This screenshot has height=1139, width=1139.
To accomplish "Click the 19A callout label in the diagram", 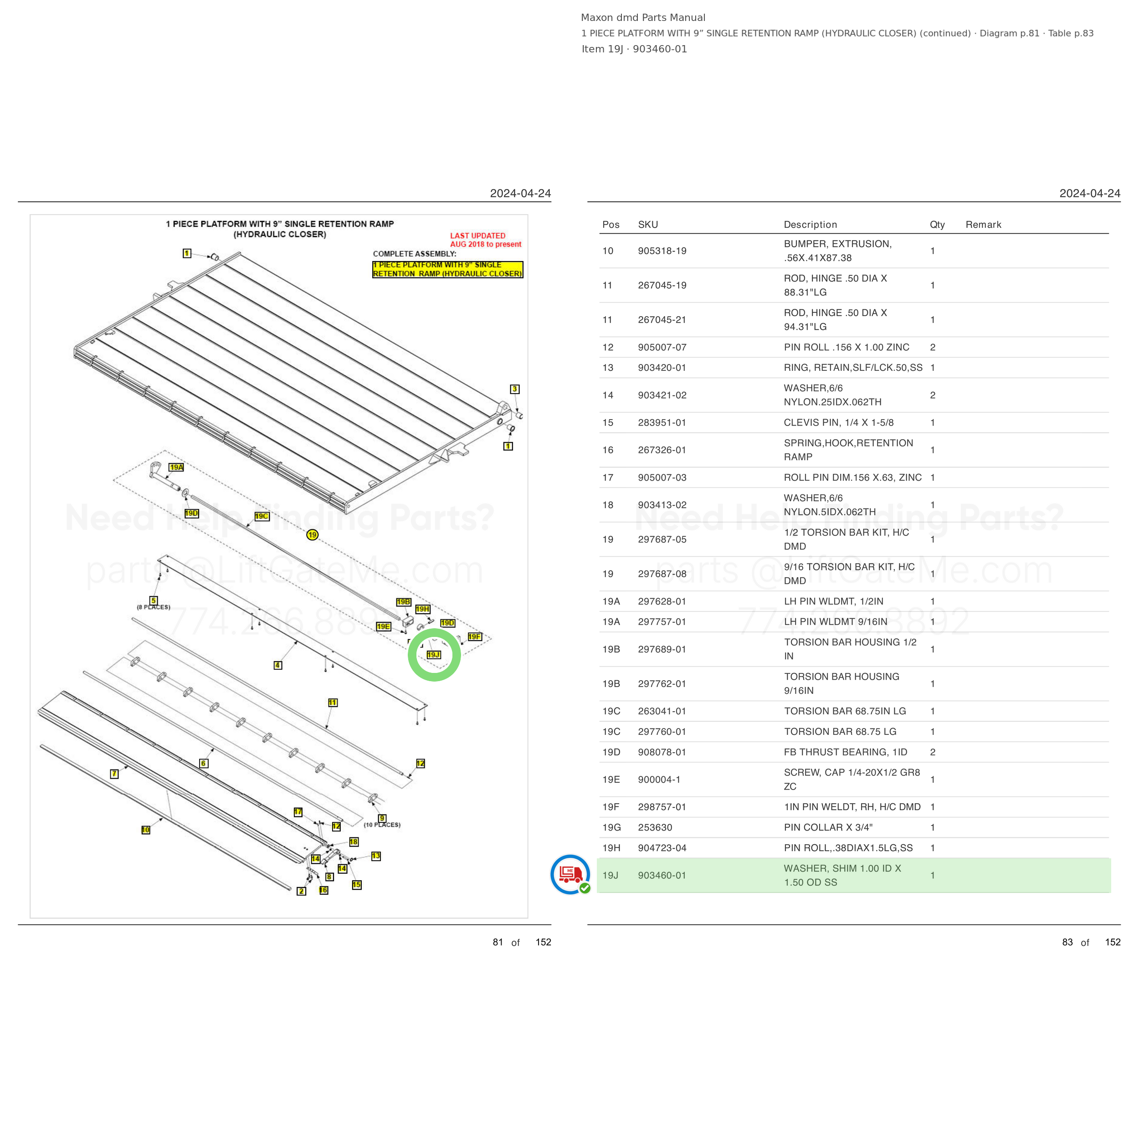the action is pos(176,467).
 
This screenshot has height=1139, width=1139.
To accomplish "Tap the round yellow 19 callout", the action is pos(312,535).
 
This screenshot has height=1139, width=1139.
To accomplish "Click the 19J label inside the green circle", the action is pos(433,654).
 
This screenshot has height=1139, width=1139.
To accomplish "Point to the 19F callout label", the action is pos(475,637).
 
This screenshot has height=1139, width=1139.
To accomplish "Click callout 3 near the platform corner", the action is pos(515,389).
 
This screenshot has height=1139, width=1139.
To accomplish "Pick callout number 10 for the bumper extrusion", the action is pos(146,830).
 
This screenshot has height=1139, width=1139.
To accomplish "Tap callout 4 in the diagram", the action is pos(277,665).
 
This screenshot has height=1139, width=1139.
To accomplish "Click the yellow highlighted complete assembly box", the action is pos(447,269).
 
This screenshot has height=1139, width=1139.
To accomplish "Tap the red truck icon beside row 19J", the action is pos(570,874).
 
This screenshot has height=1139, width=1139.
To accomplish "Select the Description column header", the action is pos(811,225).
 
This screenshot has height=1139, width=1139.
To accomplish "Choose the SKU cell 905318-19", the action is pos(662,251).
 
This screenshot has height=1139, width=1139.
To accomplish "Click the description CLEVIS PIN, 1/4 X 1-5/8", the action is pos(839,423).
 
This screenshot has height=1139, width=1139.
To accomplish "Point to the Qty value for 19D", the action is pos(933,752).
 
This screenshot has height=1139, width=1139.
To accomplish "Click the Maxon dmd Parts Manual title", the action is pos(643,18).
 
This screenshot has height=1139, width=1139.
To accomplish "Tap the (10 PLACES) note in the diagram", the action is pos(382,825).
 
